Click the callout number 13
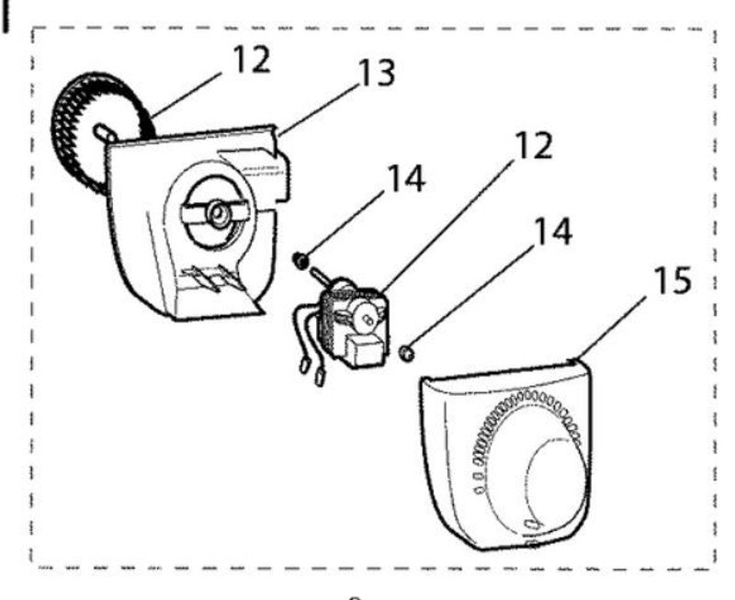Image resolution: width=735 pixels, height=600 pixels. [x=376, y=74]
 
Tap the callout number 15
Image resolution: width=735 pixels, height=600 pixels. [x=672, y=280]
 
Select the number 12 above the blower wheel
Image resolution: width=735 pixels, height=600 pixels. [x=252, y=59]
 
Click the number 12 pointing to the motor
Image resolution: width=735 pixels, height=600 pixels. [x=534, y=146]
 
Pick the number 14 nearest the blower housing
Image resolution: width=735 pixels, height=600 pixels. [x=407, y=178]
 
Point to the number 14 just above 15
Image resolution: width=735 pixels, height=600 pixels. [x=553, y=232]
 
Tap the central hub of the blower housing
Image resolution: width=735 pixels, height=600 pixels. [x=219, y=214]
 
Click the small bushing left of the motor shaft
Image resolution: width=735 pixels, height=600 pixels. [x=300, y=259]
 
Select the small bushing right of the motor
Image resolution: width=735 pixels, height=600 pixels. [x=406, y=353]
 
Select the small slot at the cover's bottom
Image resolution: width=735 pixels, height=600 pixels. [x=532, y=524]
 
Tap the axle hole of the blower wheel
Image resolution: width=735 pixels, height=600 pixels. [x=105, y=132]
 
